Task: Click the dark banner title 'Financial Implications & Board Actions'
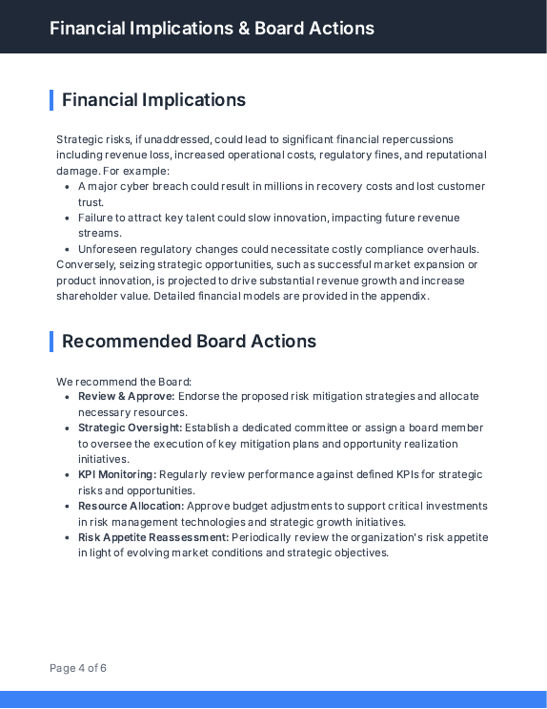[212, 28]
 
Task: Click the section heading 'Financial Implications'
[153, 100]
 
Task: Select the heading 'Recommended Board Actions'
[189, 342]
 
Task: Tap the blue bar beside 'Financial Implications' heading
[51, 100]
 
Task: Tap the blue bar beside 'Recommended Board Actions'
[51, 342]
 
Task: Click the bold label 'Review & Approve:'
[126, 396]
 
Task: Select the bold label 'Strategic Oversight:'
[130, 427]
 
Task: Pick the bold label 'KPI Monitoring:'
[116, 474]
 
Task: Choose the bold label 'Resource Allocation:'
[131, 506]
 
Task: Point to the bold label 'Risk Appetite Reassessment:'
[153, 537]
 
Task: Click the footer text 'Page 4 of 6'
[78, 668]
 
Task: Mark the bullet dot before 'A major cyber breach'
[67, 187]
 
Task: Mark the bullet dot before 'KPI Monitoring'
[67, 475]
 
